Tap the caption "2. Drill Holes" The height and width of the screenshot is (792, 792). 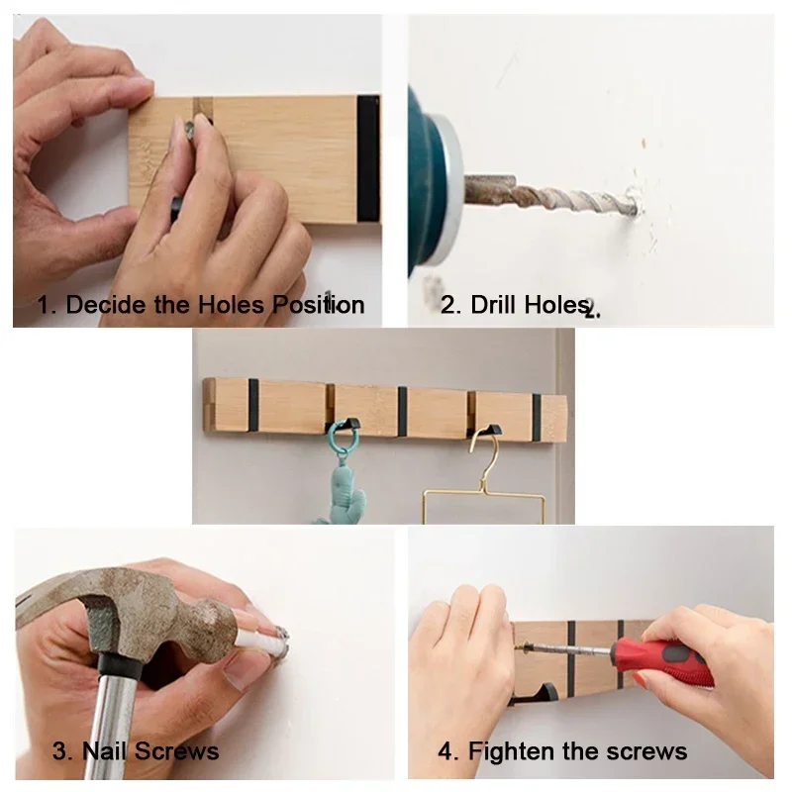click(516, 304)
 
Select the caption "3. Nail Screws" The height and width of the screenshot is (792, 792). click(136, 751)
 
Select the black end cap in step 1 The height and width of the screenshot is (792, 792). click(368, 158)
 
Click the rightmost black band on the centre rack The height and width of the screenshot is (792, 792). click(538, 412)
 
